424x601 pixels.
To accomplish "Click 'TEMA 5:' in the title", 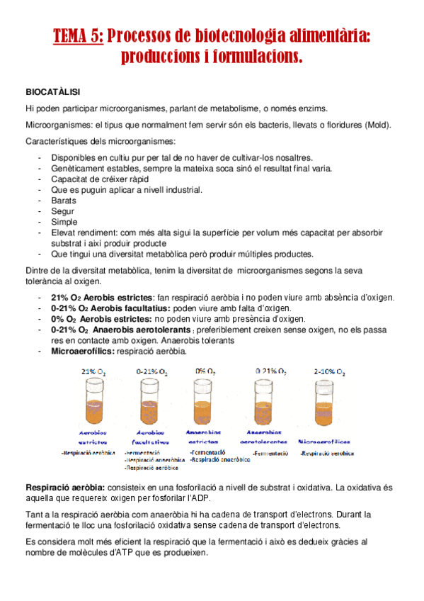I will tap(79, 36).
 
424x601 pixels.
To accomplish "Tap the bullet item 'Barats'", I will tap(64, 201).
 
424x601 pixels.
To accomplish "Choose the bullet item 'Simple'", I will tap(64, 222).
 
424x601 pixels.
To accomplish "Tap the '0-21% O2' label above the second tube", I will tap(151, 371).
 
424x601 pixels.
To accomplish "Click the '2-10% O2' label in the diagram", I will tap(328, 371).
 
